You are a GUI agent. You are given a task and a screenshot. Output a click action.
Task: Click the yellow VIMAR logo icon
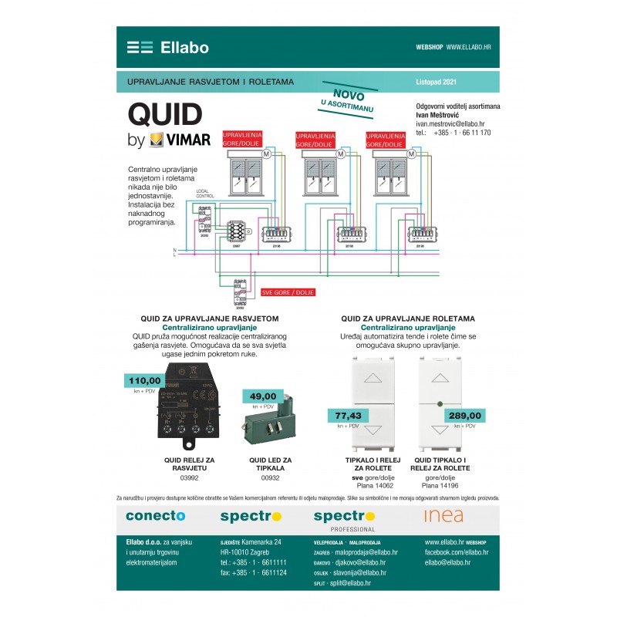[x=156, y=141]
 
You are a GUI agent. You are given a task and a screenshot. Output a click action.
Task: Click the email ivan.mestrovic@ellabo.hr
[x=450, y=123]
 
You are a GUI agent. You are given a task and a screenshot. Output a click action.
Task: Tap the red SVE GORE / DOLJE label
[x=288, y=293]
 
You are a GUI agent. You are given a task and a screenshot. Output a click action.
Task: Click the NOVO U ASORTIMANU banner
[x=348, y=99]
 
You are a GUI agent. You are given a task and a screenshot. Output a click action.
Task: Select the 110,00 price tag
[x=144, y=380]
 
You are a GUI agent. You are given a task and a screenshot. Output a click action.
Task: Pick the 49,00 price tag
[x=263, y=396]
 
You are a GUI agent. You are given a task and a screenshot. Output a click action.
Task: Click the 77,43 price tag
[x=348, y=416]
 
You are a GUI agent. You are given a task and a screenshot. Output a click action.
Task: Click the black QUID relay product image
[x=183, y=415]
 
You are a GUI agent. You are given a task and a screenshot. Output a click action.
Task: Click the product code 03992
[x=189, y=478]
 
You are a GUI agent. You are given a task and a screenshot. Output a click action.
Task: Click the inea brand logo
[x=443, y=515]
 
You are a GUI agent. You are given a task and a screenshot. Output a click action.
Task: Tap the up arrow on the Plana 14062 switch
[x=376, y=379]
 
